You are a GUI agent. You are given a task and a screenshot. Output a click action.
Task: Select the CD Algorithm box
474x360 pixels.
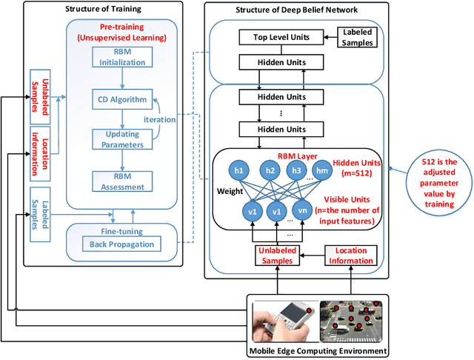123,99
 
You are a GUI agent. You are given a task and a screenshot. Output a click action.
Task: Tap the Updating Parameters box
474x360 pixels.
123,139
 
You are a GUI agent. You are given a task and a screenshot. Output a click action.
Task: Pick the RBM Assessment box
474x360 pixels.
123,181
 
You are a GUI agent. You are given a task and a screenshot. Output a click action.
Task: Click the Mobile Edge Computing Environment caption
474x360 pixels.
318,351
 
